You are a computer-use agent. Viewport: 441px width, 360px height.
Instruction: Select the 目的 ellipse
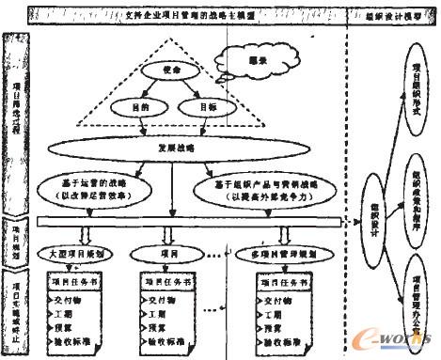[x=134, y=108]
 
